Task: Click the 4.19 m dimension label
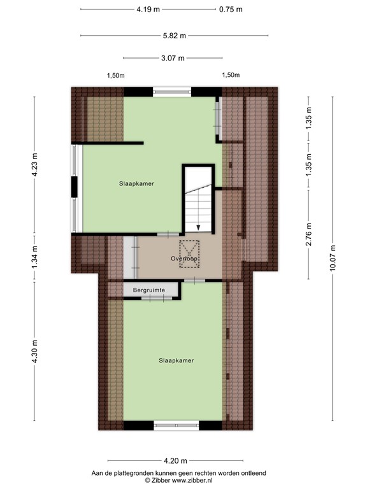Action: click(x=148, y=10)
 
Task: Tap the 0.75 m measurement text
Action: click(x=231, y=10)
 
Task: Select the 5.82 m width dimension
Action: click(x=173, y=36)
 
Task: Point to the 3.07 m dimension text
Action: click(x=173, y=58)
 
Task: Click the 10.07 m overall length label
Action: click(x=332, y=257)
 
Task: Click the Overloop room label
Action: click(x=185, y=260)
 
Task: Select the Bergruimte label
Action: click(x=149, y=290)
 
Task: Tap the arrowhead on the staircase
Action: click(x=198, y=226)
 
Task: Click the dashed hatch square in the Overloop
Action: click(x=190, y=253)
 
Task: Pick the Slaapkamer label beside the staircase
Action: click(x=136, y=183)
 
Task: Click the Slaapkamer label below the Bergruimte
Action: click(x=176, y=360)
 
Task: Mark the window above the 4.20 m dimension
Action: click(x=173, y=425)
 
